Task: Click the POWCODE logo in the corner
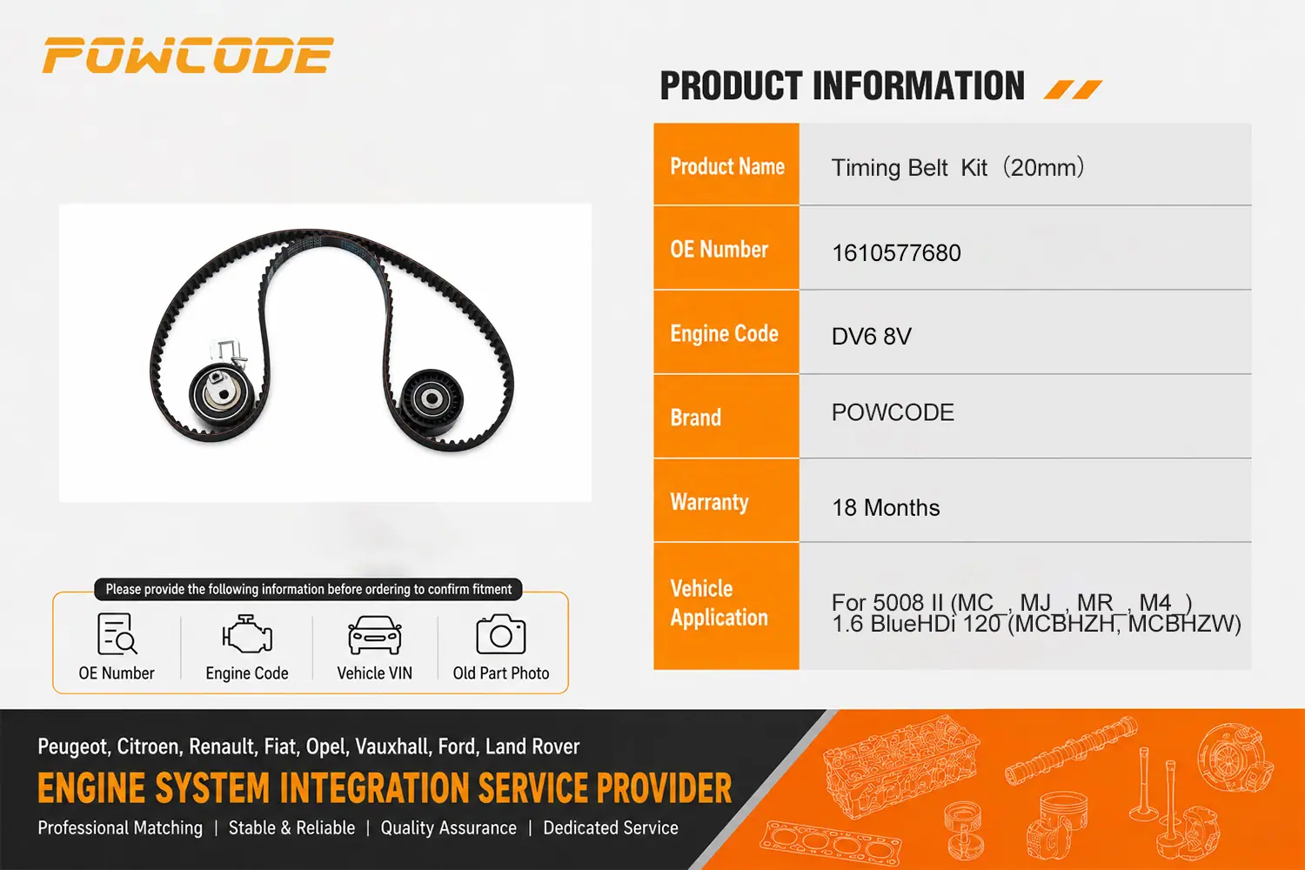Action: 188,56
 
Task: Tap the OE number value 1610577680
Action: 896,253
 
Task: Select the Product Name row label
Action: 727,167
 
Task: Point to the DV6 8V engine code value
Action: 871,336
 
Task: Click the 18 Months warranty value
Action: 886,507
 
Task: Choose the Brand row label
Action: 696,418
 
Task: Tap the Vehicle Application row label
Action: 719,603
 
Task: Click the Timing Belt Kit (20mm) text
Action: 957,168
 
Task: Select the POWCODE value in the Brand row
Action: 893,412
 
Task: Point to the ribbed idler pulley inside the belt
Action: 432,399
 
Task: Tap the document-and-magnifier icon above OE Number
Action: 117,634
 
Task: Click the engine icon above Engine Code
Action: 247,634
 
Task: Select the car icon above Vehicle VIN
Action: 375,634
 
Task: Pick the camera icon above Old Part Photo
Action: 501,634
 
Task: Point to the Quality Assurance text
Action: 449,828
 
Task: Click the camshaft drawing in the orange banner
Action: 1071,750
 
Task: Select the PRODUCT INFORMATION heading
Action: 842,86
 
